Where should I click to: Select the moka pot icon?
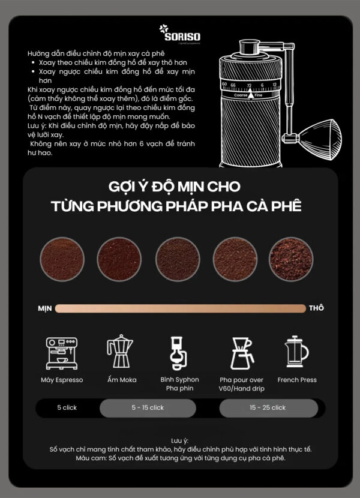119,352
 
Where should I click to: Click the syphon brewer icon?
179,352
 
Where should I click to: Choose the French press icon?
296,353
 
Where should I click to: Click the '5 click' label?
67,408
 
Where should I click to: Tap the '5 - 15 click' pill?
148,408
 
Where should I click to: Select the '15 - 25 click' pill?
268,408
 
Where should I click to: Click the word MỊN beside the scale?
45,308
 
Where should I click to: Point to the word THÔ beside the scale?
316,308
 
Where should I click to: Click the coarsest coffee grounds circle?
290,258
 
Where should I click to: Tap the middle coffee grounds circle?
178,258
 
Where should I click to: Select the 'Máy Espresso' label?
62,380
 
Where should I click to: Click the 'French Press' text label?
297,380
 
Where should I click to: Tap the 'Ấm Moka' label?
121,380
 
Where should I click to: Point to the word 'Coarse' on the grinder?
241,95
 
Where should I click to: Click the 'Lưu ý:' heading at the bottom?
180,440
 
